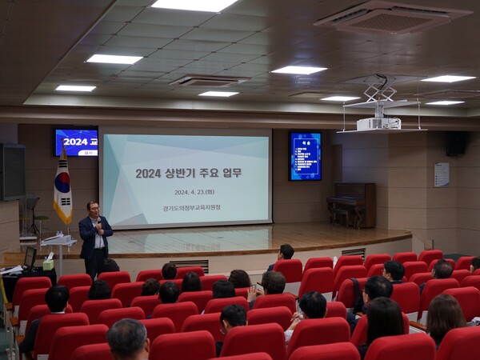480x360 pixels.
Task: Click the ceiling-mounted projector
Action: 378,122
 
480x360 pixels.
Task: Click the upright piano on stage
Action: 352,203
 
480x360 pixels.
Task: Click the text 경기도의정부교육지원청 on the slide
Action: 186,208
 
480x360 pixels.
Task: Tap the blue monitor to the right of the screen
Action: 305,155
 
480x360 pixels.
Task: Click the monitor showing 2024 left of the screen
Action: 76,142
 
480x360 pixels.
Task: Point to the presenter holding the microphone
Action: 94,237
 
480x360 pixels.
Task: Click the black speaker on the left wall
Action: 12,171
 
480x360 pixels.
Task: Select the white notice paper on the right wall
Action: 442,174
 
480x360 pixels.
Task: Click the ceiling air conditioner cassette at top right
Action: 392,16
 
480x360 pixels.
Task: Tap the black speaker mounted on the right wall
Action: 456,143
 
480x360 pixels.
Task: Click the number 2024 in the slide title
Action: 148,173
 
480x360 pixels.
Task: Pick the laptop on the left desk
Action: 30,258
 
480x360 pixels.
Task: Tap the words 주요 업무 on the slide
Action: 221,173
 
